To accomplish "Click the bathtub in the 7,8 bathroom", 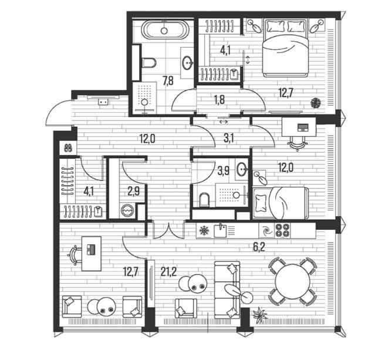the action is (x=164, y=30).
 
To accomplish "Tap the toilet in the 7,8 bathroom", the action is (x=148, y=63).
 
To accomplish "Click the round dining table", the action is (x=292, y=281).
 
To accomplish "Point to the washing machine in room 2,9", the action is (x=127, y=210).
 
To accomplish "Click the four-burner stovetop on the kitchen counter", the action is (x=282, y=230).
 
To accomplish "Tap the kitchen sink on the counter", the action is (x=220, y=230).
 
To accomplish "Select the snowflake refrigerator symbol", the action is (x=204, y=230).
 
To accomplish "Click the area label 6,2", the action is (x=259, y=247).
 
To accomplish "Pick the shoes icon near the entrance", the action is (x=68, y=148).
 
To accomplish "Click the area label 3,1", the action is (x=228, y=138).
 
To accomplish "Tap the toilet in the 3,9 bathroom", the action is (x=204, y=200).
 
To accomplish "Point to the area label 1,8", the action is (x=219, y=100).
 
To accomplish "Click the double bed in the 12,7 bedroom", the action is (x=285, y=48).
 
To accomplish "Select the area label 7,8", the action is (x=168, y=81).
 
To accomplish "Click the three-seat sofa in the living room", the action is (x=227, y=290).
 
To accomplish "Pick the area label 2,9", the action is (x=134, y=191).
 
